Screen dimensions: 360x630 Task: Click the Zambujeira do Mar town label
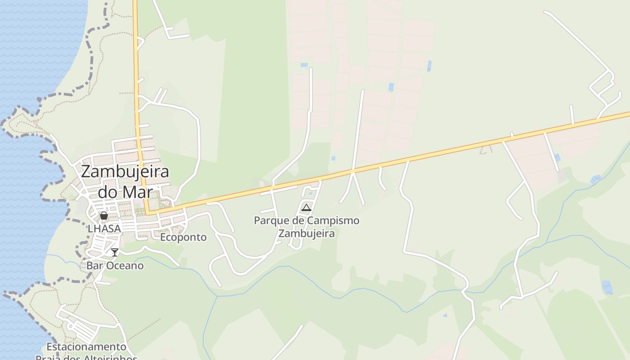click(x=125, y=181)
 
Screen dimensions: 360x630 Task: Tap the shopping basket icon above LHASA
click(x=104, y=216)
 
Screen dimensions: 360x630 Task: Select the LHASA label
click(x=104, y=229)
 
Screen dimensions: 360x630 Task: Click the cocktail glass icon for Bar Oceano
click(x=115, y=252)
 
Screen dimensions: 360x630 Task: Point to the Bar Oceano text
click(x=115, y=265)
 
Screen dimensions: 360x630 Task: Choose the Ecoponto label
click(x=184, y=237)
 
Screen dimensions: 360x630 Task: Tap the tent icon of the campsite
click(x=306, y=207)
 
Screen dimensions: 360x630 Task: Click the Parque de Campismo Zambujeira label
click(x=306, y=227)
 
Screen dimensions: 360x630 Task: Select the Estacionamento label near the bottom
click(x=86, y=347)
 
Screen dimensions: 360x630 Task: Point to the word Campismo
click(x=334, y=220)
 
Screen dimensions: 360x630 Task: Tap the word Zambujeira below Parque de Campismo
click(x=306, y=234)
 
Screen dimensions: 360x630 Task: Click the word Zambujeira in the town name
click(x=125, y=171)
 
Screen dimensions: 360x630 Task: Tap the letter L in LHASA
click(x=90, y=229)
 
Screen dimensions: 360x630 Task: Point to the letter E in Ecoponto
click(x=163, y=237)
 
